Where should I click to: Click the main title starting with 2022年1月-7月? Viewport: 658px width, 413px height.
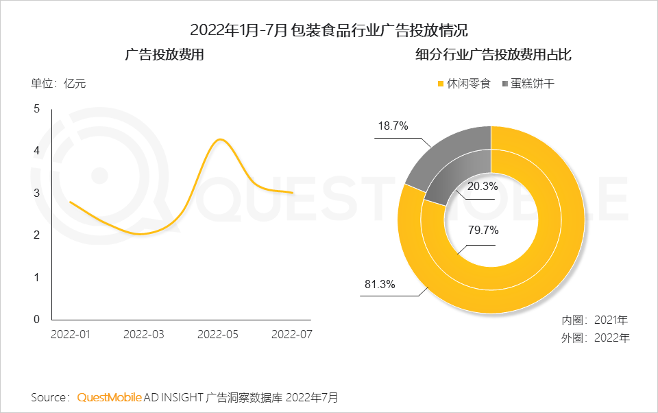[329, 30]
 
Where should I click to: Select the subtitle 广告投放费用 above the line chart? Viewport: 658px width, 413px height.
[164, 55]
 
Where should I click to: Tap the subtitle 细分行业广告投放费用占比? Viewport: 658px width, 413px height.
[493, 55]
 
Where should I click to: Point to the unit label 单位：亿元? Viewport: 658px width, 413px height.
[58, 84]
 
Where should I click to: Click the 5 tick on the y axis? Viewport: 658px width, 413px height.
[37, 108]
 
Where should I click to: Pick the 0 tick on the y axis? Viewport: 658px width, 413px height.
[37, 319]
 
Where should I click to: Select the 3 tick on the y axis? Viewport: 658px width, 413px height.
[37, 193]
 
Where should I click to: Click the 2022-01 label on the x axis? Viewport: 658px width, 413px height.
[71, 334]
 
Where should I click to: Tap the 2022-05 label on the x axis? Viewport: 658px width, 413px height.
[218, 334]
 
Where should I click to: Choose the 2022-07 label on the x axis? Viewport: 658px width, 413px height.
[292, 334]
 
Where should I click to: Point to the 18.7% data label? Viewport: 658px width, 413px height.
[393, 126]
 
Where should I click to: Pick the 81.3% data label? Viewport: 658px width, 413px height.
[379, 285]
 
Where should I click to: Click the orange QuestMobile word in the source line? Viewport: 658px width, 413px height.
[110, 397]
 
